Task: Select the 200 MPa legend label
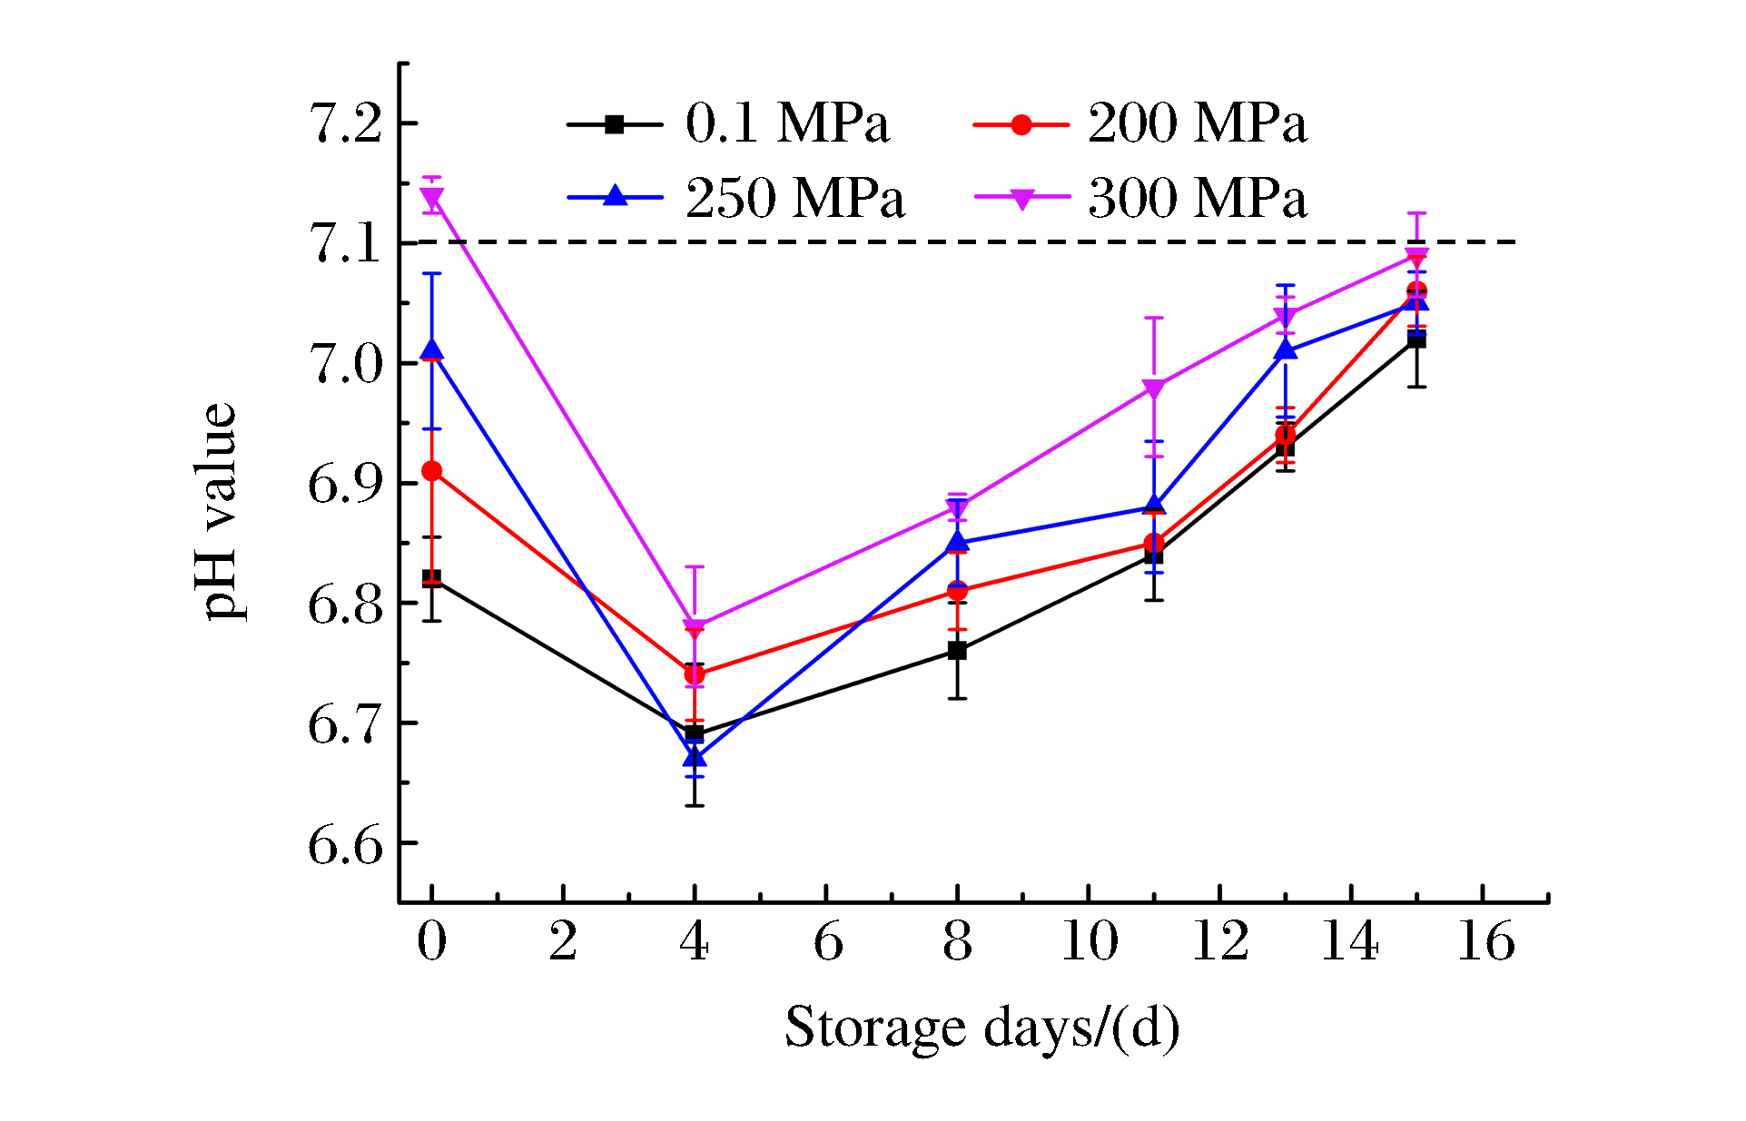[x=1197, y=123]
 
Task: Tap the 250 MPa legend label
[x=794, y=198]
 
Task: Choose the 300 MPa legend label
[x=1197, y=198]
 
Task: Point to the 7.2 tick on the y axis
[x=345, y=123]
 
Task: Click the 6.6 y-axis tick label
[x=345, y=845]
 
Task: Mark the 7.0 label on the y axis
[x=345, y=364]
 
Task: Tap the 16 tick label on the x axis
[x=1485, y=941]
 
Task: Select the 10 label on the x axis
[x=1090, y=941]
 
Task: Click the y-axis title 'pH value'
[x=218, y=511]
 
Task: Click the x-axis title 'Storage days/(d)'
[x=982, y=1028]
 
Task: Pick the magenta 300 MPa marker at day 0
[x=432, y=197]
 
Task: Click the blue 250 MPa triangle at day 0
[x=432, y=350]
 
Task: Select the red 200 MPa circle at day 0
[x=432, y=471]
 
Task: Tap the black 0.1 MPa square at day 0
[x=432, y=578]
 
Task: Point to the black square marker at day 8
[x=957, y=651]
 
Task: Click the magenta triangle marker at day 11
[x=1154, y=388]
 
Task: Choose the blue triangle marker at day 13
[x=1286, y=349]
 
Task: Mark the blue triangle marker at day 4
[x=695, y=756]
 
